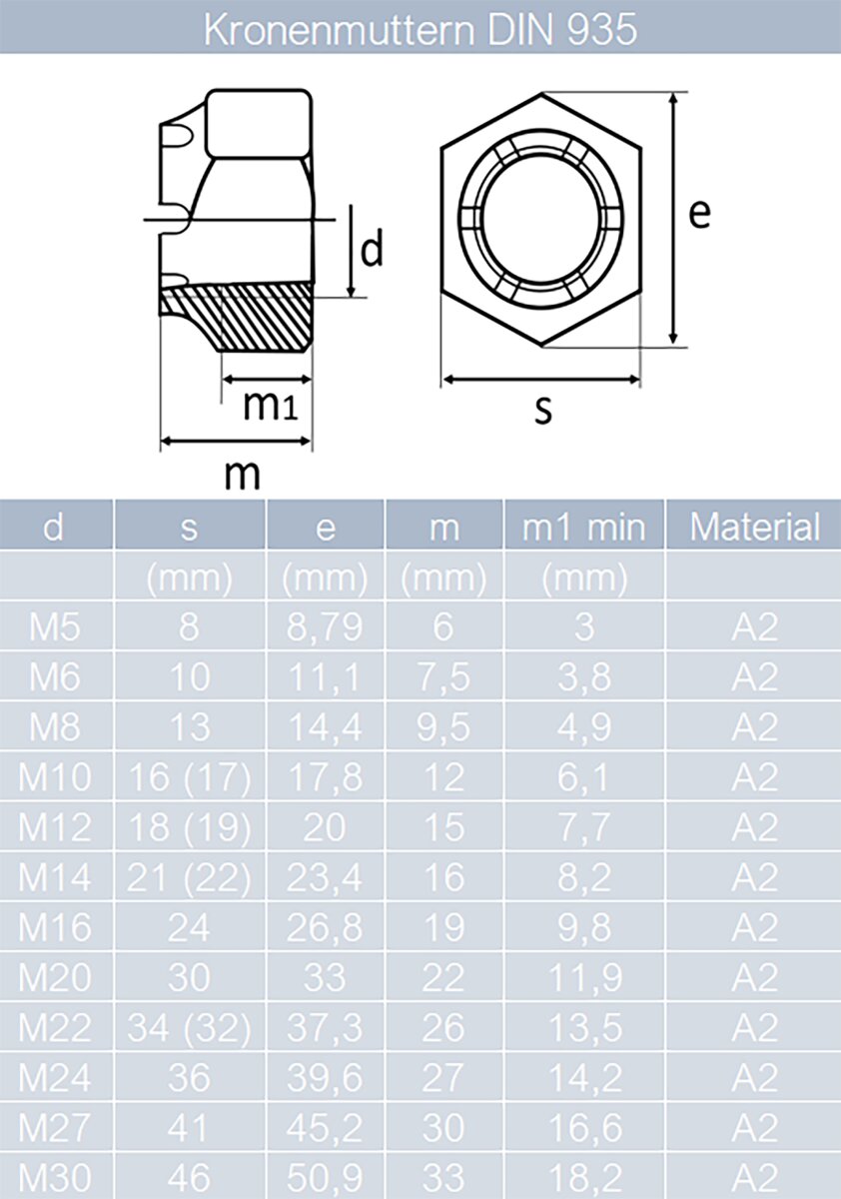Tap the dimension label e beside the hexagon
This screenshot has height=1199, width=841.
coord(700,214)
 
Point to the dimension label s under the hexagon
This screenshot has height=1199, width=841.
coord(542,410)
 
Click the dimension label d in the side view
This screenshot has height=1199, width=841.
coord(372,252)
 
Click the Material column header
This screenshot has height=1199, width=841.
coord(754,527)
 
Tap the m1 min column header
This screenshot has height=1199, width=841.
coord(584,527)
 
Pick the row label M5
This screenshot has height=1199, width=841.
coord(54,627)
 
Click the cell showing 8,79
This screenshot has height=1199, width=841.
coord(325,627)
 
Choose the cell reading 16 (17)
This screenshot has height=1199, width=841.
coord(189,777)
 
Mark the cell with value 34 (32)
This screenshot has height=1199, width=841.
coord(189,1027)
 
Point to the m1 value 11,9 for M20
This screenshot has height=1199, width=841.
coord(584,977)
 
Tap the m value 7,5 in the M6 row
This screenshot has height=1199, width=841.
coord(443,677)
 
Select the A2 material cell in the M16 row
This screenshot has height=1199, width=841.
coord(754,927)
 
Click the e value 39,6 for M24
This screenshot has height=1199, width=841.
coord(325,1077)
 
